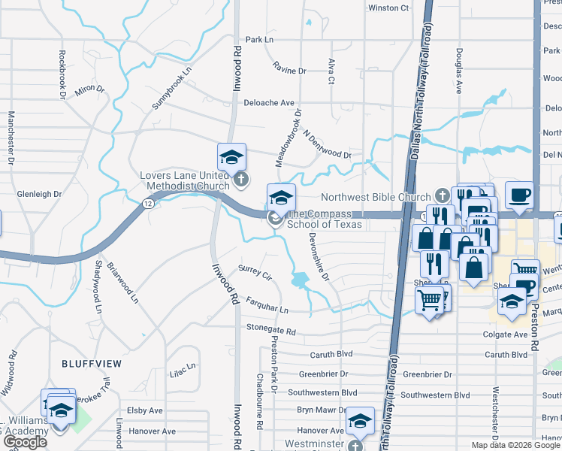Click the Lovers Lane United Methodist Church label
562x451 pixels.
coord(185,180)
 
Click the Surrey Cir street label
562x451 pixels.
coord(254,268)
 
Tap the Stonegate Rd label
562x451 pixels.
coord(271,331)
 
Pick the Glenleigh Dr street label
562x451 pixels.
coord(39,194)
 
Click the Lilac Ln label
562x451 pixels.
coord(183,370)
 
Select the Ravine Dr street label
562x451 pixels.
coord(290,71)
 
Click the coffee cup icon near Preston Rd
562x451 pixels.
coord(519,195)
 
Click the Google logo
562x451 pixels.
coord(25,443)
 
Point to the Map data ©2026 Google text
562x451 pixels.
coord(516,445)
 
